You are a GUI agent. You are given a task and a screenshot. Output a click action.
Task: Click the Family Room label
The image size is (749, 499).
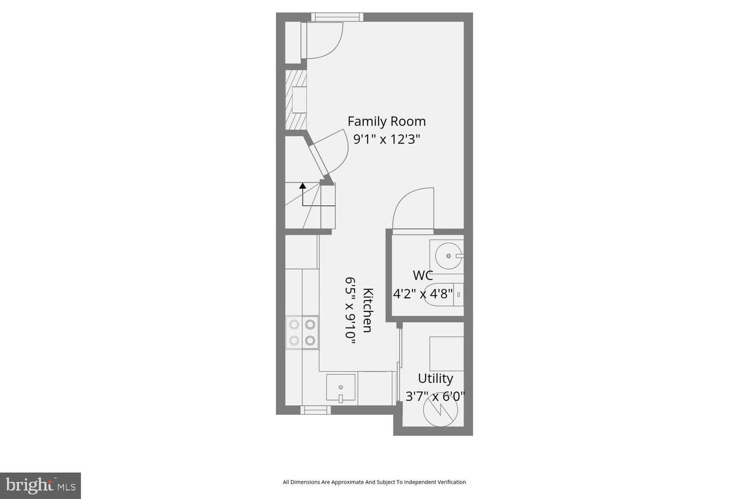tap(386, 121)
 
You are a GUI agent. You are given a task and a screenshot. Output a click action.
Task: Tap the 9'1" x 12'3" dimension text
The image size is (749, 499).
tap(386, 139)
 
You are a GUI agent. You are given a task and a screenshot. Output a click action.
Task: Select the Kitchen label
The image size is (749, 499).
tap(368, 310)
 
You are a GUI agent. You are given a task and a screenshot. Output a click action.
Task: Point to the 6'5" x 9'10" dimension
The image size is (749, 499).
tap(350, 310)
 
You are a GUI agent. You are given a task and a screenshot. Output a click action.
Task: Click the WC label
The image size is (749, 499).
tap(423, 275)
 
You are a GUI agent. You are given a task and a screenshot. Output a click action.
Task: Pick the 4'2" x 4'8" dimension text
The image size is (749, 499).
tap(423, 294)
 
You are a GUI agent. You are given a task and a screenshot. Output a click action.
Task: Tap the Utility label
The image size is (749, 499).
tap(435, 379)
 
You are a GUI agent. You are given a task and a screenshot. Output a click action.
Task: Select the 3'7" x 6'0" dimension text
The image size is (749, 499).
tap(435, 397)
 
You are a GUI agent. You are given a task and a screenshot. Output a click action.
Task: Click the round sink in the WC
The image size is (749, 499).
tap(449, 256)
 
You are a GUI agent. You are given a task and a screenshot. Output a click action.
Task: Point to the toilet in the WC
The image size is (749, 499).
tap(443, 295)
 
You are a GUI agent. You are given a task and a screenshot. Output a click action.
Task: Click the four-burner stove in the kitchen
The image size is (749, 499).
tap(302, 333)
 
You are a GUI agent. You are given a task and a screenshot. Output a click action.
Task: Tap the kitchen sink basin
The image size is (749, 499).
tap(341, 388)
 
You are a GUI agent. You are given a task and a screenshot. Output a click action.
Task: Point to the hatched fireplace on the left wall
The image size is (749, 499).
tap(296, 100)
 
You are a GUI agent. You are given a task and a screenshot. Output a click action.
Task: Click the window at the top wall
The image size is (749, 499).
tap(337, 17)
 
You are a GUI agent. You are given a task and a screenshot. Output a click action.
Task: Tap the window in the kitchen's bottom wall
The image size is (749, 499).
tap(316, 410)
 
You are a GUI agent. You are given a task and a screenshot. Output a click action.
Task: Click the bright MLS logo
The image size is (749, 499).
tap(41, 485)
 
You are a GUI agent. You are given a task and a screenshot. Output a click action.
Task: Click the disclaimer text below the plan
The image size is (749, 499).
tap(374, 482)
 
